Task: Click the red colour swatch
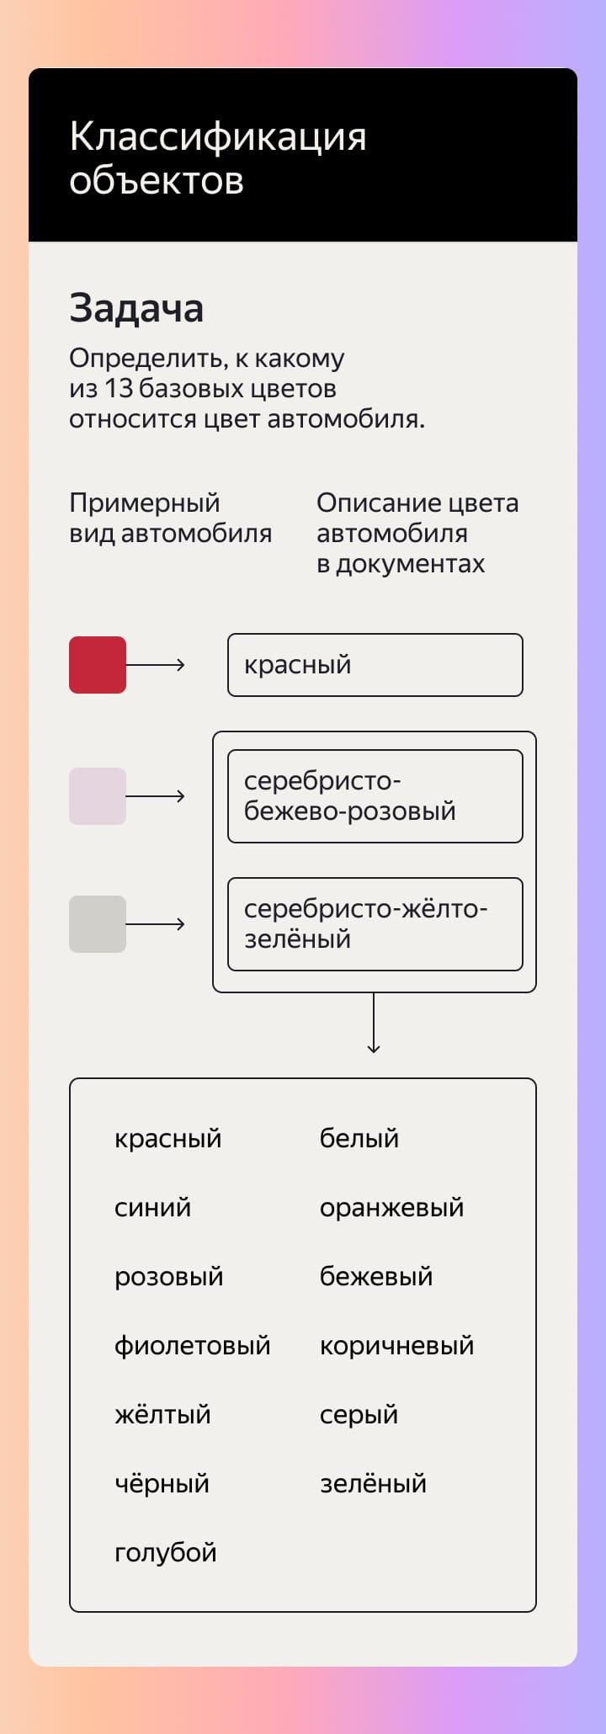tap(98, 665)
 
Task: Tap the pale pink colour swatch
tap(98, 796)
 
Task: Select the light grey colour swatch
tap(98, 924)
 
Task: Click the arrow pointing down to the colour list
tap(374, 1023)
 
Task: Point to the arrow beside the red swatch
tap(156, 665)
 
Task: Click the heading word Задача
tap(136, 308)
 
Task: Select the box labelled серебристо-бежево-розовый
tap(375, 796)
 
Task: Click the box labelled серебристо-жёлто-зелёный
tap(375, 924)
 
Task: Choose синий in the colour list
tap(152, 1208)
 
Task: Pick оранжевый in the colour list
tap(391, 1208)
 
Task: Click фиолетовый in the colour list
tap(192, 1346)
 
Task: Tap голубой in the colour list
tap(165, 1553)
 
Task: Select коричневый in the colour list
tap(396, 1346)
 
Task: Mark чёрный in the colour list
tap(162, 1484)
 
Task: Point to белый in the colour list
tap(359, 1139)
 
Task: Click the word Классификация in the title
tap(218, 137)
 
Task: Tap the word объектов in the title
tap(157, 181)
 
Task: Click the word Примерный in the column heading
tap(144, 503)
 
